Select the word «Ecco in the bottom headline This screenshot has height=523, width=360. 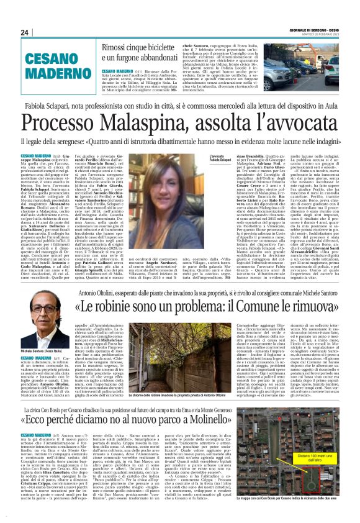(38, 415)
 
